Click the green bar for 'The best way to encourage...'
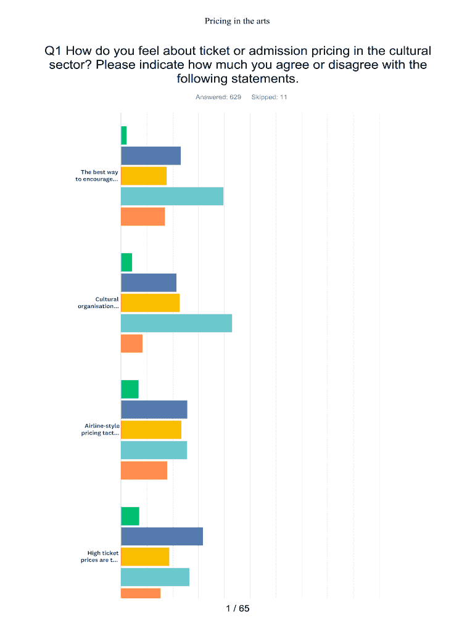(x=124, y=136)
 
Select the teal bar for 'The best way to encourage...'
(x=172, y=196)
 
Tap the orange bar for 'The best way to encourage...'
(x=143, y=217)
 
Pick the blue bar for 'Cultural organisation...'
(x=149, y=283)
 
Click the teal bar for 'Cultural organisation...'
(x=176, y=324)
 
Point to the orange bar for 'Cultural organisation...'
(x=132, y=344)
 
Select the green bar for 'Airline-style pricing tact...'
(x=130, y=389)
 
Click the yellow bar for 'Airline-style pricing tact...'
(x=151, y=430)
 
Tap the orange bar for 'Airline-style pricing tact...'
(x=144, y=471)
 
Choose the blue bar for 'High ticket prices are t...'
(x=162, y=537)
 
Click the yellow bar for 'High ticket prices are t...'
(x=145, y=557)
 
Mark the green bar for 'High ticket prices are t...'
(x=130, y=516)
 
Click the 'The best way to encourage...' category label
(x=97, y=176)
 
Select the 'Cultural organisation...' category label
(x=98, y=303)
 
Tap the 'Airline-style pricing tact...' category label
(x=101, y=429)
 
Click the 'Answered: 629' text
(x=218, y=97)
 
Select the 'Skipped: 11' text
(x=270, y=97)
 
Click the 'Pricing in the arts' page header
(x=238, y=21)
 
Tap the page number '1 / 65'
(x=238, y=609)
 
